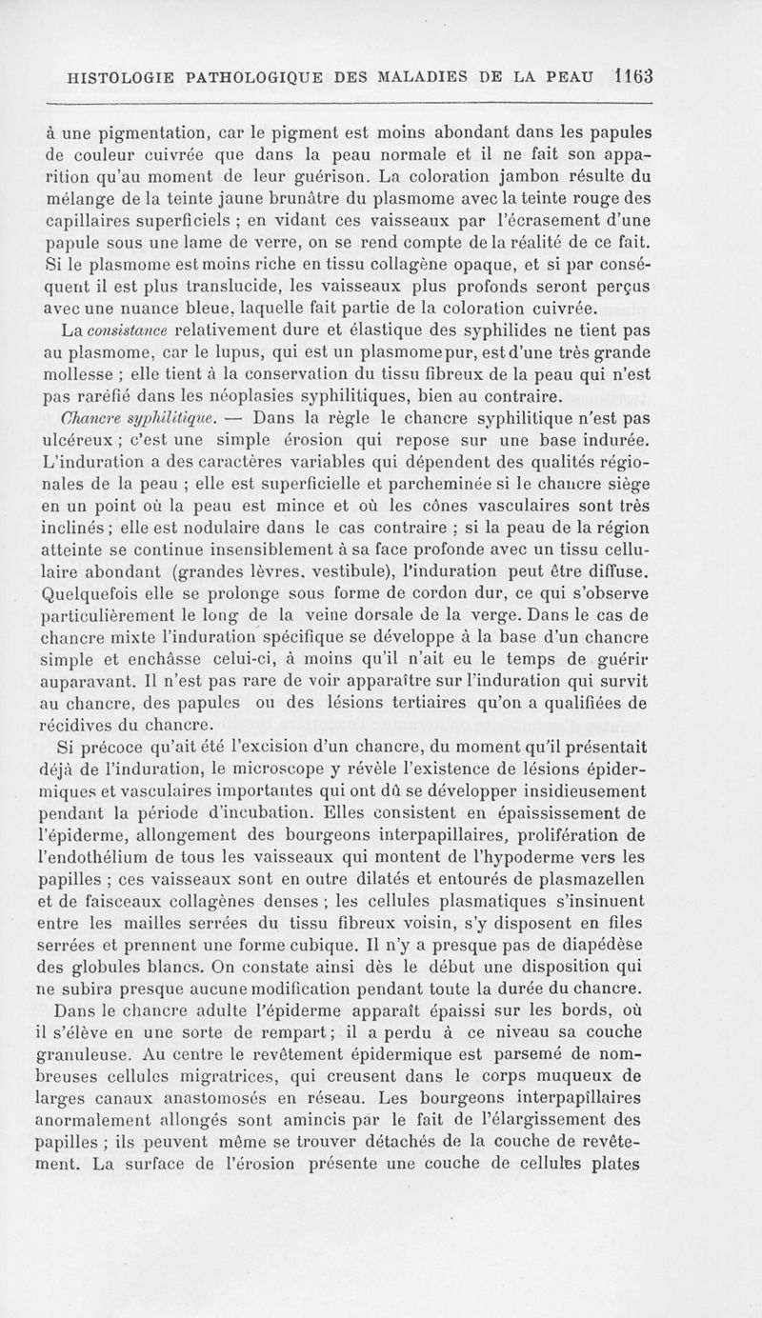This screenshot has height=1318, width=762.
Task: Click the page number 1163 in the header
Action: [x=633, y=75]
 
